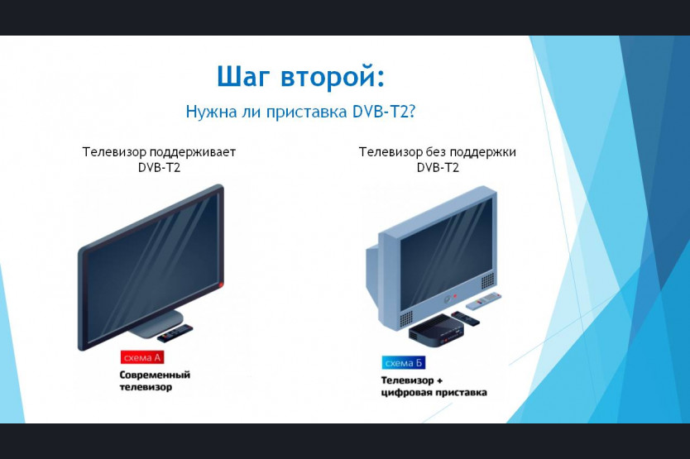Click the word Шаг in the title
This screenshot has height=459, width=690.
click(243, 77)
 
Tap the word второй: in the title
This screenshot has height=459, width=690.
click(333, 77)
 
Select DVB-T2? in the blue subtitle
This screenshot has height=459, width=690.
click(384, 112)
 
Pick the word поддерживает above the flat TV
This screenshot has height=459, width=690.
click(193, 153)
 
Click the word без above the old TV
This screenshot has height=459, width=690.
click(436, 152)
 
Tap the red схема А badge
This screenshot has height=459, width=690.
click(142, 357)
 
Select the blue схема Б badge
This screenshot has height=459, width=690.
click(404, 362)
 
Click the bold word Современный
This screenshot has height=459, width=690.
click(155, 375)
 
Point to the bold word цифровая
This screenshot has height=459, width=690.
click(406, 393)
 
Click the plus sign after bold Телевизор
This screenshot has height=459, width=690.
click(439, 380)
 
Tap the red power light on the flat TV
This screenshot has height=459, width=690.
click(221, 284)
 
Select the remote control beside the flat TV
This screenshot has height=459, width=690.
click(175, 333)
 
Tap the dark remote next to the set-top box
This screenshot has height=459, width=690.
click(465, 318)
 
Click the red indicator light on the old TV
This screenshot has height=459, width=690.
click(455, 296)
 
